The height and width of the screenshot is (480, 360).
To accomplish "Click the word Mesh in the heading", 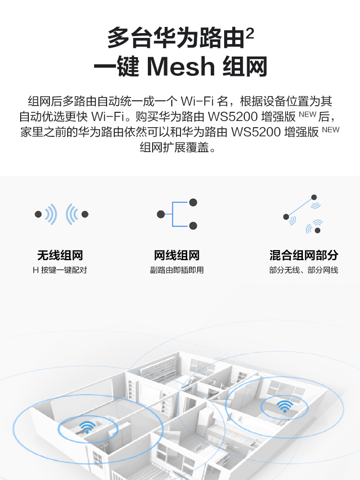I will [181, 67].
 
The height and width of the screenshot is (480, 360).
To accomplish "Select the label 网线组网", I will [177, 255].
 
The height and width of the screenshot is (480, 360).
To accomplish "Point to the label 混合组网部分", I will [303, 255].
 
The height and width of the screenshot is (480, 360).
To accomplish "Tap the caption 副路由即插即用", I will [177, 270].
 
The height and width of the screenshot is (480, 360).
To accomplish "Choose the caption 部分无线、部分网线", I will [303, 270].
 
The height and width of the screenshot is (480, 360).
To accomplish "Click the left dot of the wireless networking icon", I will [38, 215].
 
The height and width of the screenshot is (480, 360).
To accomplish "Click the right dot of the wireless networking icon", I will [85, 215].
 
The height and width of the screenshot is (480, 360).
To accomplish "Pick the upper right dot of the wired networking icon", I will [193, 203].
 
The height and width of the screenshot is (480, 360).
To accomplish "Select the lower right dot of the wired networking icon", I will [193, 226].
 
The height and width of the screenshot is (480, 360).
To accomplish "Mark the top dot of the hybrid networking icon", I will [314, 197].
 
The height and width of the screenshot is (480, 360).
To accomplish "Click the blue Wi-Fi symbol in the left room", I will [87, 426].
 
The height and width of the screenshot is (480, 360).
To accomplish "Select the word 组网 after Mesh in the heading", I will [245, 67].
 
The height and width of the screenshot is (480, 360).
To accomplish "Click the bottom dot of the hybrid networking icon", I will [317, 230].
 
